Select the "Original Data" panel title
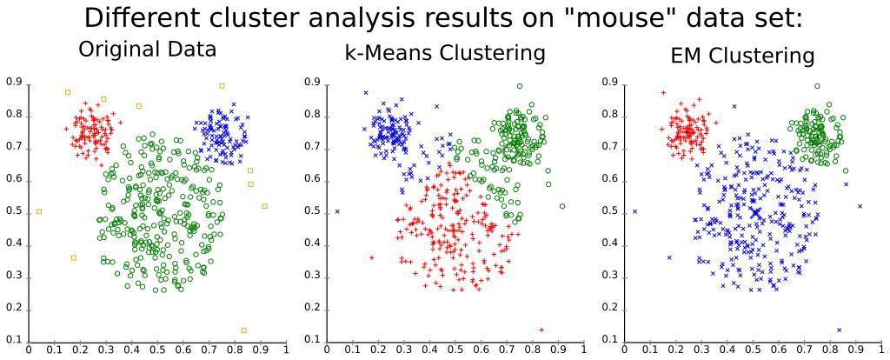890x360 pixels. [147, 50]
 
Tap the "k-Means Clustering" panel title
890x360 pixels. [445, 53]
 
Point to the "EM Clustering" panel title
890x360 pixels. [742, 57]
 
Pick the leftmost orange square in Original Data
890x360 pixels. [39, 211]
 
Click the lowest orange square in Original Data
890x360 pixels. [243, 330]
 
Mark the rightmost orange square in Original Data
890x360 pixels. [264, 206]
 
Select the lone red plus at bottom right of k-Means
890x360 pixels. [541, 330]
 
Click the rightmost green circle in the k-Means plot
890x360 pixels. [562, 206]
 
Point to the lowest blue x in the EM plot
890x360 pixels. [839, 330]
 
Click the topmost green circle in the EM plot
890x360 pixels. [817, 86]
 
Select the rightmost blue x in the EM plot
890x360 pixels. [860, 206]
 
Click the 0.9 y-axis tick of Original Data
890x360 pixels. [13, 82]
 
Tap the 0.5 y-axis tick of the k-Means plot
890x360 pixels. [311, 211]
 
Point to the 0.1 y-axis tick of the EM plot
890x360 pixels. [608, 339]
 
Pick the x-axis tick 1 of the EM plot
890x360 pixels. [882, 350]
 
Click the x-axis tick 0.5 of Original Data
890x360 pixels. [157, 350]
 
